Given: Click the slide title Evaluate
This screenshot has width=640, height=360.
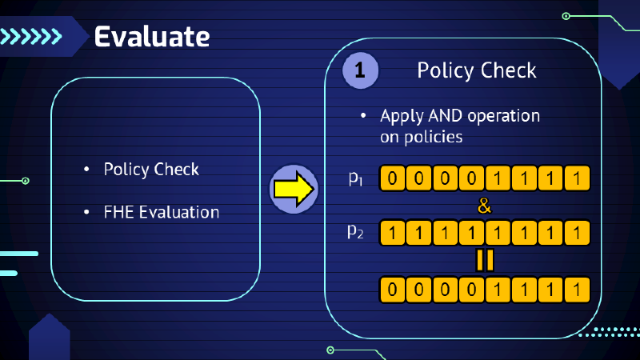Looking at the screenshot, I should click(152, 36).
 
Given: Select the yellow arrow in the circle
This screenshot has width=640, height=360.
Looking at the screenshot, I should click(292, 190).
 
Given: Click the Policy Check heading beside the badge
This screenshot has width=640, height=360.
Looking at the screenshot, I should click(477, 71).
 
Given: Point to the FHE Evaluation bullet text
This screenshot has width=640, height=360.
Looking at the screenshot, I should click(161, 213).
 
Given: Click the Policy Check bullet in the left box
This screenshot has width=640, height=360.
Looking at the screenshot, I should click(151, 170).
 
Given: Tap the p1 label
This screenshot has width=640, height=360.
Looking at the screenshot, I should click(356, 178).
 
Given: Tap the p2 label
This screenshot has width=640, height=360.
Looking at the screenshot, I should click(356, 232).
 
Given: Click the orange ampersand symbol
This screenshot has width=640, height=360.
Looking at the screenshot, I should click(484, 206).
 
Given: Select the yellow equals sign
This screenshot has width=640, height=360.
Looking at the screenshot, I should click(484, 260).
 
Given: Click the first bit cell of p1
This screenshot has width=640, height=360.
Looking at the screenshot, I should click(392, 178).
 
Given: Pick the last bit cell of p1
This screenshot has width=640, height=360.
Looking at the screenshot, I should click(576, 178).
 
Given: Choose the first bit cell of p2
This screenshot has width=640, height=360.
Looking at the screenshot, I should click(392, 233).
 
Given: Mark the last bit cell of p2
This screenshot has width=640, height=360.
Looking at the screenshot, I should click(576, 233).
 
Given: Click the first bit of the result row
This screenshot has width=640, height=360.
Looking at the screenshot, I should click(392, 288).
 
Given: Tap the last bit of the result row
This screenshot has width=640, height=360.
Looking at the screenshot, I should click(576, 288).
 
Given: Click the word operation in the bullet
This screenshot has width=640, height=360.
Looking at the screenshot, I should click(504, 117).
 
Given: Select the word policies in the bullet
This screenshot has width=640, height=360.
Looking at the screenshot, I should click(433, 137).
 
